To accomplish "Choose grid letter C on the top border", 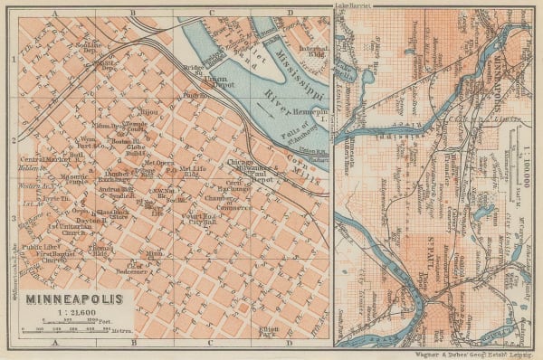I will [211, 13].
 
